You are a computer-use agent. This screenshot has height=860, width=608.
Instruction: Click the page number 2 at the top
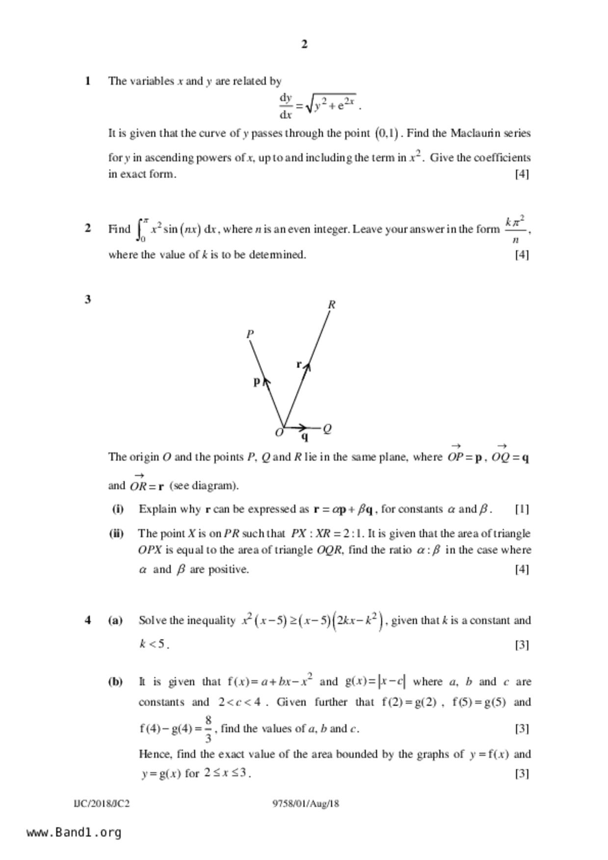304,45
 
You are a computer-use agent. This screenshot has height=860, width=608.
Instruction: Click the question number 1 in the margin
88,81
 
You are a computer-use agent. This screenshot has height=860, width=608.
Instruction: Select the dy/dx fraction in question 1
286,106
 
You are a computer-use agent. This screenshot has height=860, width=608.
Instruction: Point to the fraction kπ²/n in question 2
515,229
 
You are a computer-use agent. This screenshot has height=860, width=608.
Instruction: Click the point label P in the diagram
250,334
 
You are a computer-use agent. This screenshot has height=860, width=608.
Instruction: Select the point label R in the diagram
332,305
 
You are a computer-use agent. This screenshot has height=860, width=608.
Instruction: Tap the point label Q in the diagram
328,429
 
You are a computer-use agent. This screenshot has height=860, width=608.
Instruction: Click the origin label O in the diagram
279,433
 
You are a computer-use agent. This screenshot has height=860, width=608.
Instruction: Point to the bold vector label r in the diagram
299,364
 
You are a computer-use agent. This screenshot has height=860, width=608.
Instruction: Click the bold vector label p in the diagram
256,381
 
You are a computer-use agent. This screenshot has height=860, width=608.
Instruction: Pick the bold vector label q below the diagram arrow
305,436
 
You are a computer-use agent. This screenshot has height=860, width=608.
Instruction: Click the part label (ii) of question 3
116,533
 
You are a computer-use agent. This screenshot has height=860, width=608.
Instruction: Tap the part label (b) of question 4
115,682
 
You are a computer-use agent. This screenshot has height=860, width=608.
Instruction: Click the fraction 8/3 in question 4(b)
208,729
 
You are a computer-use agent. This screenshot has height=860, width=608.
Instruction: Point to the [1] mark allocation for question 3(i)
522,509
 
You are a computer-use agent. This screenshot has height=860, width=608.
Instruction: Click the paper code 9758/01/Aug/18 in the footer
306,804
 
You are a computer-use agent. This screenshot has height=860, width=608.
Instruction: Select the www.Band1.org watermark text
74,833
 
